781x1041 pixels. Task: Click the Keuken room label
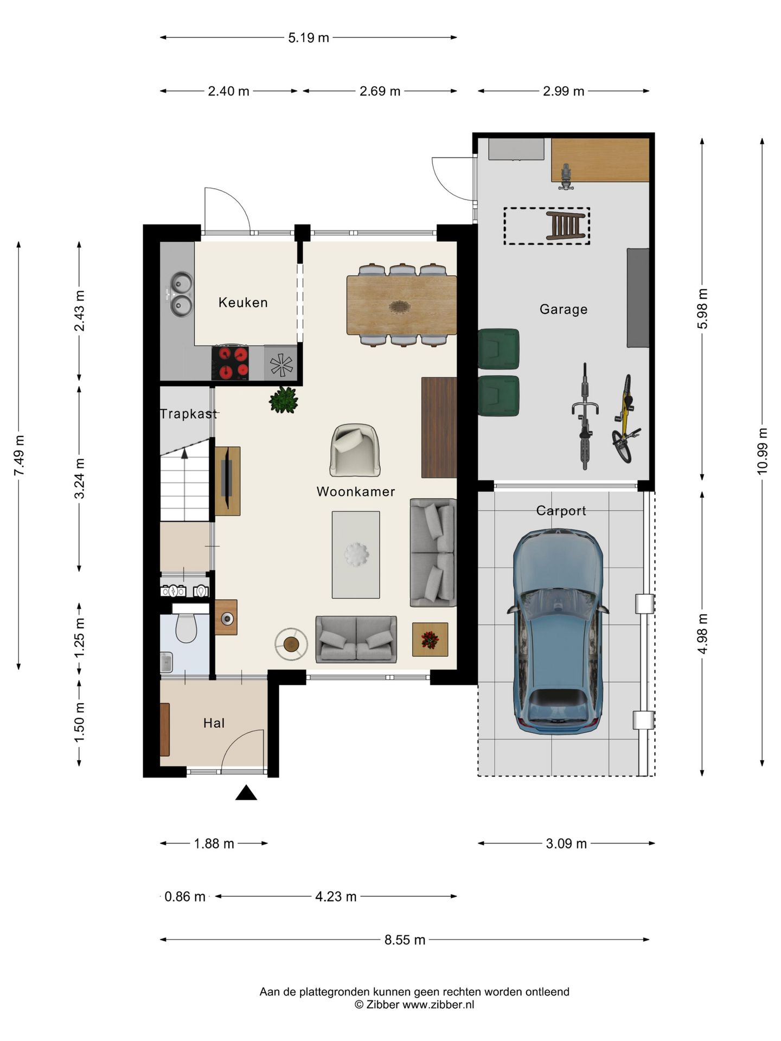tap(243, 303)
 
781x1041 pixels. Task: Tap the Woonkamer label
tap(356, 492)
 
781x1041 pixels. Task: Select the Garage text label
tap(564, 310)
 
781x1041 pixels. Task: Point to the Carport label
tap(561, 511)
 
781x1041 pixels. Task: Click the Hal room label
tap(214, 723)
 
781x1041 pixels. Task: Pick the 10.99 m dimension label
tap(763, 451)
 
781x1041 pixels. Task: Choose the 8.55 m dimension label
tap(405, 940)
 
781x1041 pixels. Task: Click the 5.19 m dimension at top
tap(309, 37)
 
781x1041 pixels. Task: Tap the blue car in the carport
tap(558, 632)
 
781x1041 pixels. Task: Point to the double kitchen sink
tap(181, 294)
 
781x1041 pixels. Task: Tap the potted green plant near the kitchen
tap(284, 400)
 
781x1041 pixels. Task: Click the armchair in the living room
tap(355, 450)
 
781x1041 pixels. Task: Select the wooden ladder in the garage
tap(567, 226)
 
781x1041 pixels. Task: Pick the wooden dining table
tap(401, 305)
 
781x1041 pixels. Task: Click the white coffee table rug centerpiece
tap(356, 555)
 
